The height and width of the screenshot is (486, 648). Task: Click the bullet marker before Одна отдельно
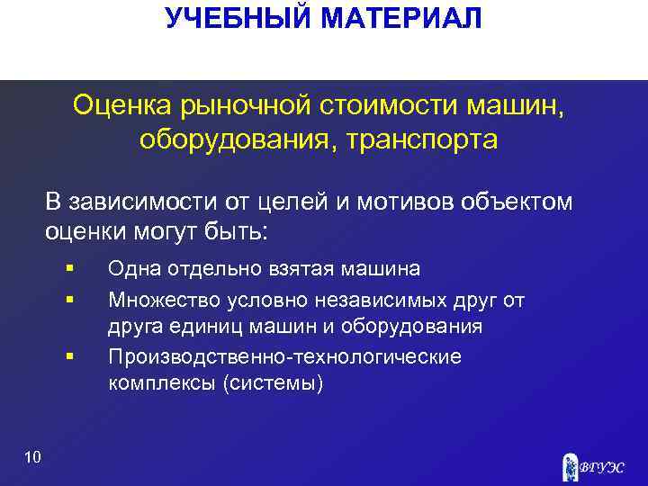pos(68,268)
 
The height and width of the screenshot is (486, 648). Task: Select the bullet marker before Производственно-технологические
pos(68,356)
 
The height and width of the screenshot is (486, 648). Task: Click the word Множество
pos(157,298)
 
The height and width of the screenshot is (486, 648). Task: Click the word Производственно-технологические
pos(284,356)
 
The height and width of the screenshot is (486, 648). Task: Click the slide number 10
pos(33,458)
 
